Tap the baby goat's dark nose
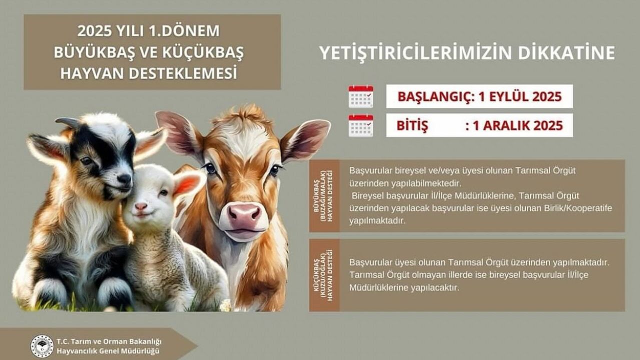coord(124,179)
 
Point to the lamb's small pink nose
coord(141,206)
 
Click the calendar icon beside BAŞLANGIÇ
coord(361,96)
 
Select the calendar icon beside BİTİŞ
coord(361,125)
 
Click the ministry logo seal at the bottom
coord(42,346)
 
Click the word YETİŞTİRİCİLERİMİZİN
coord(415,53)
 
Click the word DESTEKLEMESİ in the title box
coord(183,73)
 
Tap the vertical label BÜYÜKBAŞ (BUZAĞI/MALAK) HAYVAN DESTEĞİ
coord(323,195)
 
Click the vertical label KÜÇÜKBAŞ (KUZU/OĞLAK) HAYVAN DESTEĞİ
coord(323,275)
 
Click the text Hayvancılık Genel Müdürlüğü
coord(108,351)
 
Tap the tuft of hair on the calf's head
coord(243,114)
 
